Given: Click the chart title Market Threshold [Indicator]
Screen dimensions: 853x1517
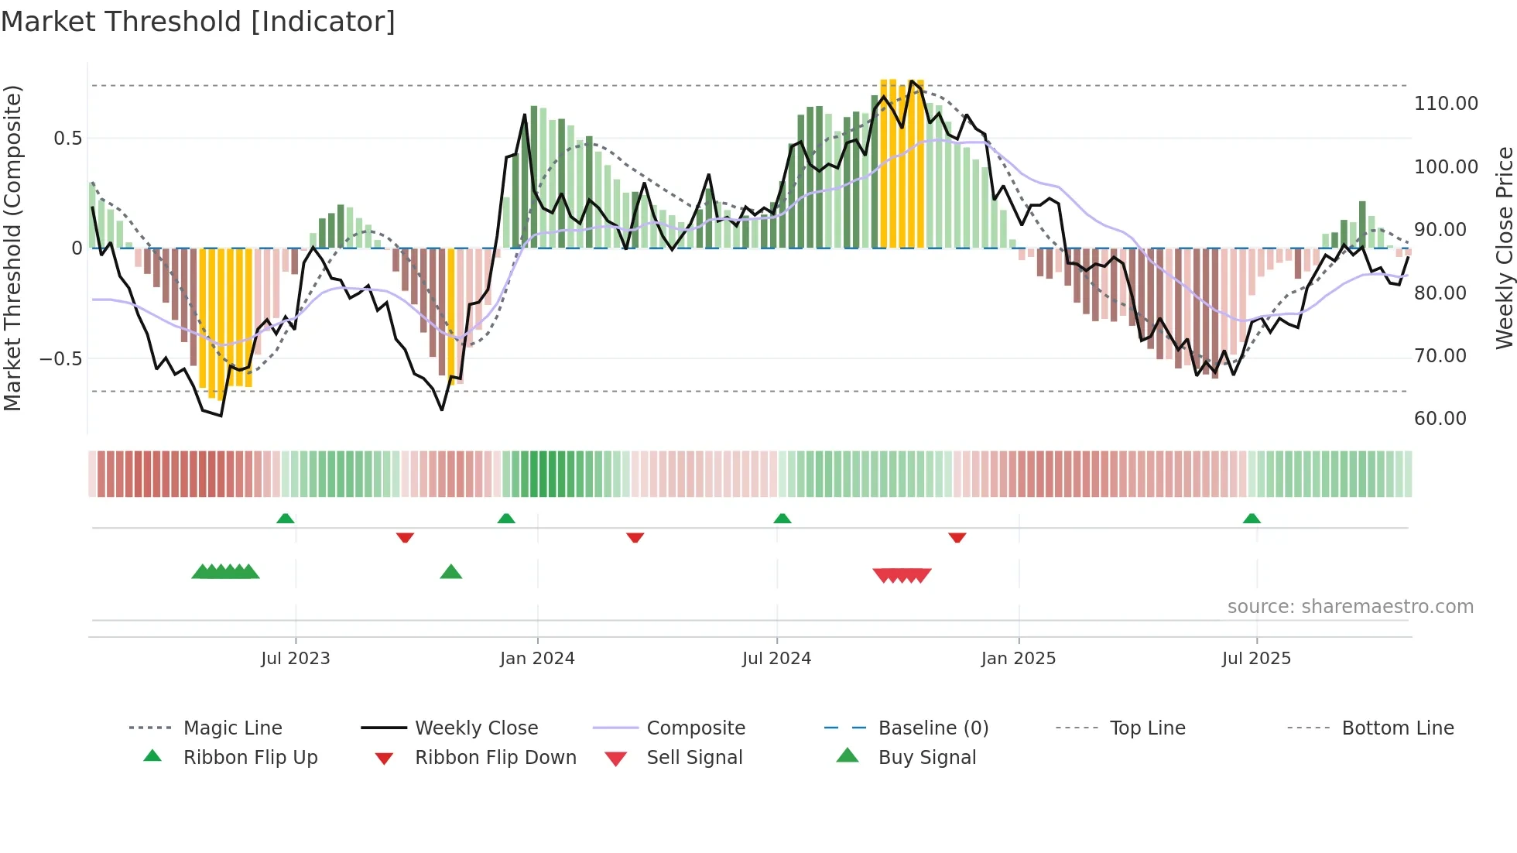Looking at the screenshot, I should click(x=198, y=22).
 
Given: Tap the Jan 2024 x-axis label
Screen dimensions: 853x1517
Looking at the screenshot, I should click(x=537, y=659).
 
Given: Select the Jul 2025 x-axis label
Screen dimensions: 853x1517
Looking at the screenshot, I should click(x=1256, y=659).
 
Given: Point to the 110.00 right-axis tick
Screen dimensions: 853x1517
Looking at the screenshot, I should click(x=1446, y=104).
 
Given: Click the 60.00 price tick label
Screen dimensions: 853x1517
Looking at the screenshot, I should click(x=1440, y=419).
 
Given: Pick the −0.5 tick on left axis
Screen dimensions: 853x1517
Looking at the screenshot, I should click(x=61, y=359).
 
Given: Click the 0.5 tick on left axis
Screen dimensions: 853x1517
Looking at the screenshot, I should click(x=67, y=139).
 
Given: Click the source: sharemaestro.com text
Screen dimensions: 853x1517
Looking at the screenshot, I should click(x=1350, y=607).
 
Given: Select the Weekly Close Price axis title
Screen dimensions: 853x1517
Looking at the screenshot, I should click(x=1504, y=248).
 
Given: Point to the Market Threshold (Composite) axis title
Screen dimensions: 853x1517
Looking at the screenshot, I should click(x=12, y=248).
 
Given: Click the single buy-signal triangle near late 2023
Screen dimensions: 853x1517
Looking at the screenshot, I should click(x=450, y=572).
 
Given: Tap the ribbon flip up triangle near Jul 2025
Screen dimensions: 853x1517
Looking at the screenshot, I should click(x=1252, y=519).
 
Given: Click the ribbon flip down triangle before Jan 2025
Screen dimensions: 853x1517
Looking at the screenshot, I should click(x=957, y=537).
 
